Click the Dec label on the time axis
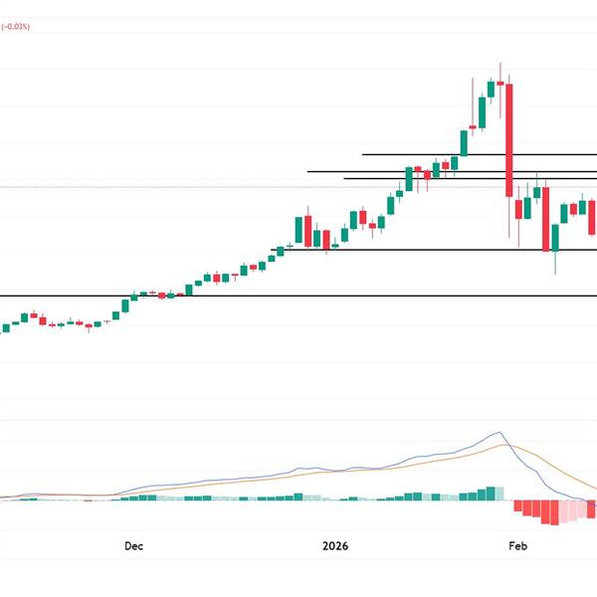(x=134, y=545)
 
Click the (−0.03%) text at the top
(x=15, y=27)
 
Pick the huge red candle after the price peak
(x=508, y=139)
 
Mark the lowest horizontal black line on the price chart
(x=298, y=296)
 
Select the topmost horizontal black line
(x=478, y=154)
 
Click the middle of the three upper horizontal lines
(x=448, y=171)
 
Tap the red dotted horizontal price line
(x=199, y=186)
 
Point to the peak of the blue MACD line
(x=499, y=432)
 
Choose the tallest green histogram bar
(x=491, y=494)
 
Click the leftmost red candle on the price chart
(x=33, y=315)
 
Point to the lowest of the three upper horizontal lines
(x=468, y=178)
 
